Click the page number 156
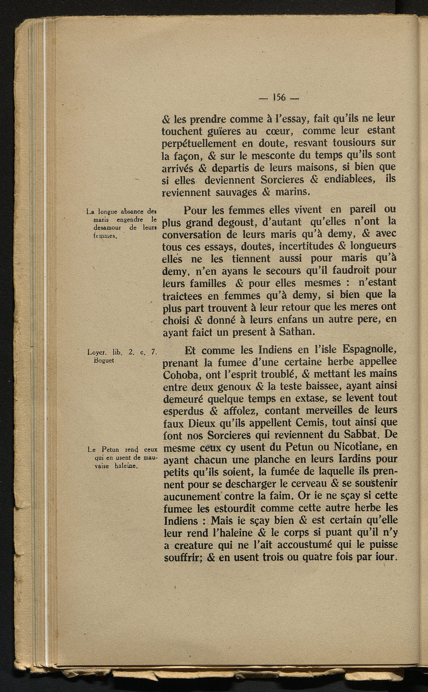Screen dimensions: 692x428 pyautogui.click(x=278, y=98)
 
